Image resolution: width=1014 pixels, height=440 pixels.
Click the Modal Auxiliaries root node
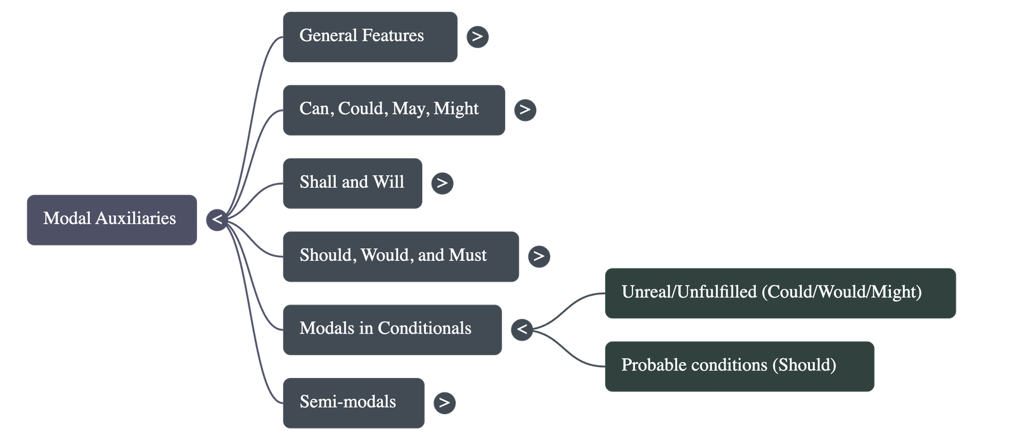click(x=111, y=220)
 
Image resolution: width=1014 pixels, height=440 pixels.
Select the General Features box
click(x=369, y=37)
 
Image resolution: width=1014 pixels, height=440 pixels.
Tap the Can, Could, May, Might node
click(x=394, y=110)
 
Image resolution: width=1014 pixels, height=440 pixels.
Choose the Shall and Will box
click(x=352, y=183)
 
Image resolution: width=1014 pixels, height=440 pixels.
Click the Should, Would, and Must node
click(x=401, y=256)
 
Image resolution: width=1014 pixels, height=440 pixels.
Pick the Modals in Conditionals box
click(x=392, y=329)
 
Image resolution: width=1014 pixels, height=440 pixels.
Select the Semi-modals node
click(x=353, y=403)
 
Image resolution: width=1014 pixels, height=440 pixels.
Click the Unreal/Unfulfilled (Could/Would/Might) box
click(x=780, y=292)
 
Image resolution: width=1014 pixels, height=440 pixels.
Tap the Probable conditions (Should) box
click(x=739, y=366)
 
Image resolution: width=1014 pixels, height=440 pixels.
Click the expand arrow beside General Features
click(x=477, y=37)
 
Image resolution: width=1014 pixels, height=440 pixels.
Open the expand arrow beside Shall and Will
click(x=442, y=184)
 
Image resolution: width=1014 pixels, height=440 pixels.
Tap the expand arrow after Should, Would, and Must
click(x=539, y=256)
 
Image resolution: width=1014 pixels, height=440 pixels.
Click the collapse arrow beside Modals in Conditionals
click(x=522, y=329)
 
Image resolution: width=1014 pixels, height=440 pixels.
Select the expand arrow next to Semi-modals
click(x=444, y=403)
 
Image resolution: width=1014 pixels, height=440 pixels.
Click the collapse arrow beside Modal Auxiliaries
click(x=217, y=220)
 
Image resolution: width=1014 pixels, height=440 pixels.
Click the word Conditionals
click(x=424, y=329)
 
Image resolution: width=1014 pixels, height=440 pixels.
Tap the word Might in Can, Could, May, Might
click(x=456, y=109)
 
